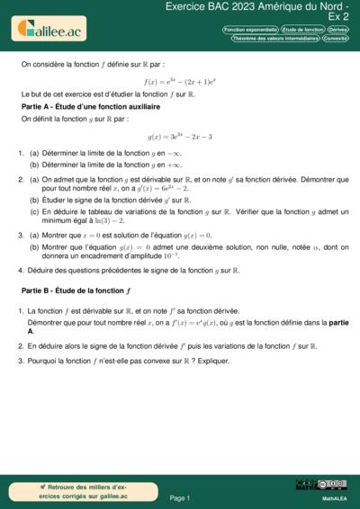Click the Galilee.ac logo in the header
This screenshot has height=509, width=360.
pyautogui.click(x=48, y=31)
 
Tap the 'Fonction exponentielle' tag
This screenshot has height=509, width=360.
pyautogui.click(x=250, y=30)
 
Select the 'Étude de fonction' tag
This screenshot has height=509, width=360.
pyautogui.click(x=302, y=30)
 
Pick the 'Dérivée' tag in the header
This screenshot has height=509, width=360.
pyautogui.click(x=339, y=30)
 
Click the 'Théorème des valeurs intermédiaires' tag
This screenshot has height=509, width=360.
pyautogui.click(x=274, y=39)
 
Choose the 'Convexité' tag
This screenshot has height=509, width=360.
pyautogui.click(x=336, y=39)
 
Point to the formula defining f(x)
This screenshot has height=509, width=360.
pyautogui.click(x=179, y=81)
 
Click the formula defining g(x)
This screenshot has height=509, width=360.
pyautogui.click(x=179, y=137)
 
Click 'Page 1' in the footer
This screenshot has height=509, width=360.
pyautogui.click(x=179, y=497)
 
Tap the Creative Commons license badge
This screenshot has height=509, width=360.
pyautogui.click(x=321, y=486)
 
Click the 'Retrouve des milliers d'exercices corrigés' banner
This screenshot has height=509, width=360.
pyautogui.click(x=72, y=491)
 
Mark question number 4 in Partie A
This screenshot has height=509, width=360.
pyautogui.click(x=22, y=270)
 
